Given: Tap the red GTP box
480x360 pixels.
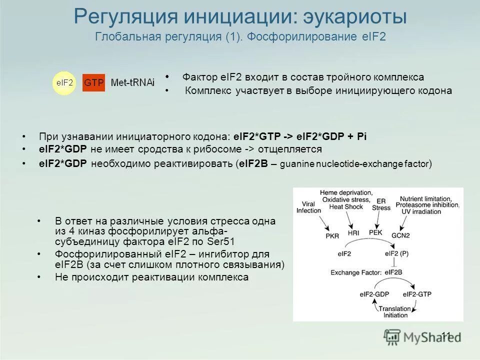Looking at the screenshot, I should point(93,82).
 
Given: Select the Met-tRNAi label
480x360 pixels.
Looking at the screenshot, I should point(132,82).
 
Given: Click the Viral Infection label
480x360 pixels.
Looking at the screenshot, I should point(308,207).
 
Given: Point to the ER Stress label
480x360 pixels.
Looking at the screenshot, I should point(381,204).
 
